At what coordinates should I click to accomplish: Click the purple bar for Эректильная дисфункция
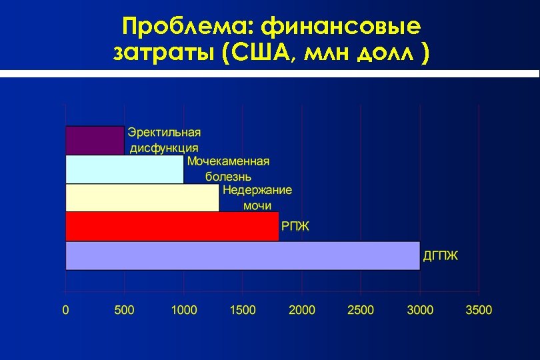[95, 140]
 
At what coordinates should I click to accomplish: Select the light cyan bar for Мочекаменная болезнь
[125, 169]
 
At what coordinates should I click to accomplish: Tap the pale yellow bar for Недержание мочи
[142, 198]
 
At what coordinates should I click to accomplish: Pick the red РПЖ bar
[172, 227]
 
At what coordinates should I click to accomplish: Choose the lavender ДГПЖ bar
[243, 255]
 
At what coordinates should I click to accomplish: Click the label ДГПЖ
[441, 255]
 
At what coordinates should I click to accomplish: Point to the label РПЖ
[295, 227]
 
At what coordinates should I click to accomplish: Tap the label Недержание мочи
[257, 198]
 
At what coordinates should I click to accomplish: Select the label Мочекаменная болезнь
[229, 169]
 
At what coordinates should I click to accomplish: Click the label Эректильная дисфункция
[164, 140]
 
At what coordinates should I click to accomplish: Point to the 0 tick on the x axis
[65, 310]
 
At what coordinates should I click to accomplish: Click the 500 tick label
[124, 310]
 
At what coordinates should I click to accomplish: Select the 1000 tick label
[183, 310]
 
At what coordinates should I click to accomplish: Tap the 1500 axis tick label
[243, 310]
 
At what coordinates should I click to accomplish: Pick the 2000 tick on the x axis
[301, 310]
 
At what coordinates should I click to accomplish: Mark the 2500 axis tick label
[361, 310]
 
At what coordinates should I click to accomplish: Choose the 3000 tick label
[420, 310]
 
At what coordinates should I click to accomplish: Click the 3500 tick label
[479, 310]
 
